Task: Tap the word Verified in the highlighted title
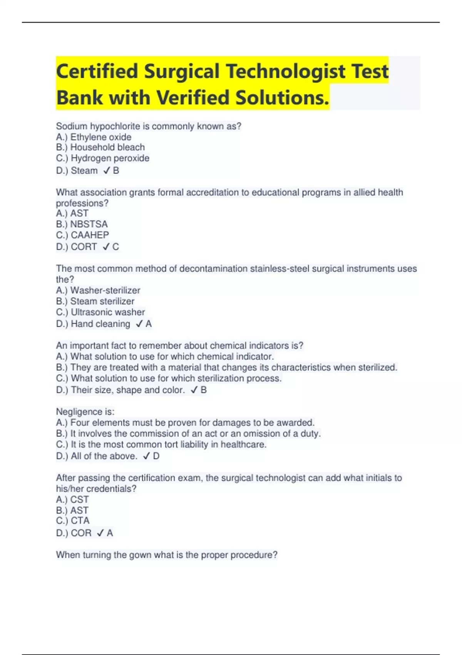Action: tap(193, 97)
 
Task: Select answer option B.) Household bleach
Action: tap(100, 147)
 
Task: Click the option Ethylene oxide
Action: tap(101, 137)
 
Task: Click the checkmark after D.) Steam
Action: tap(107, 171)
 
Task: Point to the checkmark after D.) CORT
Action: tap(106, 247)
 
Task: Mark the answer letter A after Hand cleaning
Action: tap(149, 324)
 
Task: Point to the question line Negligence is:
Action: tap(85, 411)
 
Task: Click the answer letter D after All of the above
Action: tap(156, 456)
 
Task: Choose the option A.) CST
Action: tap(72, 499)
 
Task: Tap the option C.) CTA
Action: tap(73, 521)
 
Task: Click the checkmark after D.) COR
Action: tap(100, 533)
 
